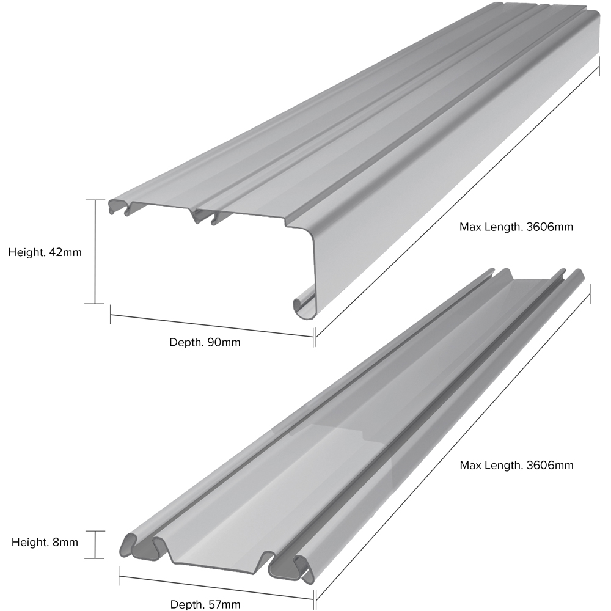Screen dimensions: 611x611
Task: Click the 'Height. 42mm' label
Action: pyautogui.click(x=45, y=252)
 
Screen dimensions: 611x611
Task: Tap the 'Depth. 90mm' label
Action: pyautogui.click(x=205, y=342)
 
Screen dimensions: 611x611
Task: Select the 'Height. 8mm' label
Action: pyautogui.click(x=45, y=542)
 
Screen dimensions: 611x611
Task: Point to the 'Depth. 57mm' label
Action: pyautogui.click(x=205, y=604)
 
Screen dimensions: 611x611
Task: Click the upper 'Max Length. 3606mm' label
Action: pyautogui.click(x=516, y=227)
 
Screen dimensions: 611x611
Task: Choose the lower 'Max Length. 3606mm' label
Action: pyautogui.click(x=516, y=465)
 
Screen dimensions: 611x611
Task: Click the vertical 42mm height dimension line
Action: pyautogui.click(x=95, y=252)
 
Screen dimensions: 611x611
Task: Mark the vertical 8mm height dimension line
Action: pyautogui.click(x=95, y=544)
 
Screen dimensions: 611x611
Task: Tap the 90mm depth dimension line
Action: pyautogui.click(x=211, y=324)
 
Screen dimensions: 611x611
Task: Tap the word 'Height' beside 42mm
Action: pyautogui.click(x=24, y=252)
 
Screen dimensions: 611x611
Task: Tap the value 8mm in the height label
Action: pyautogui.click(x=66, y=542)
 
